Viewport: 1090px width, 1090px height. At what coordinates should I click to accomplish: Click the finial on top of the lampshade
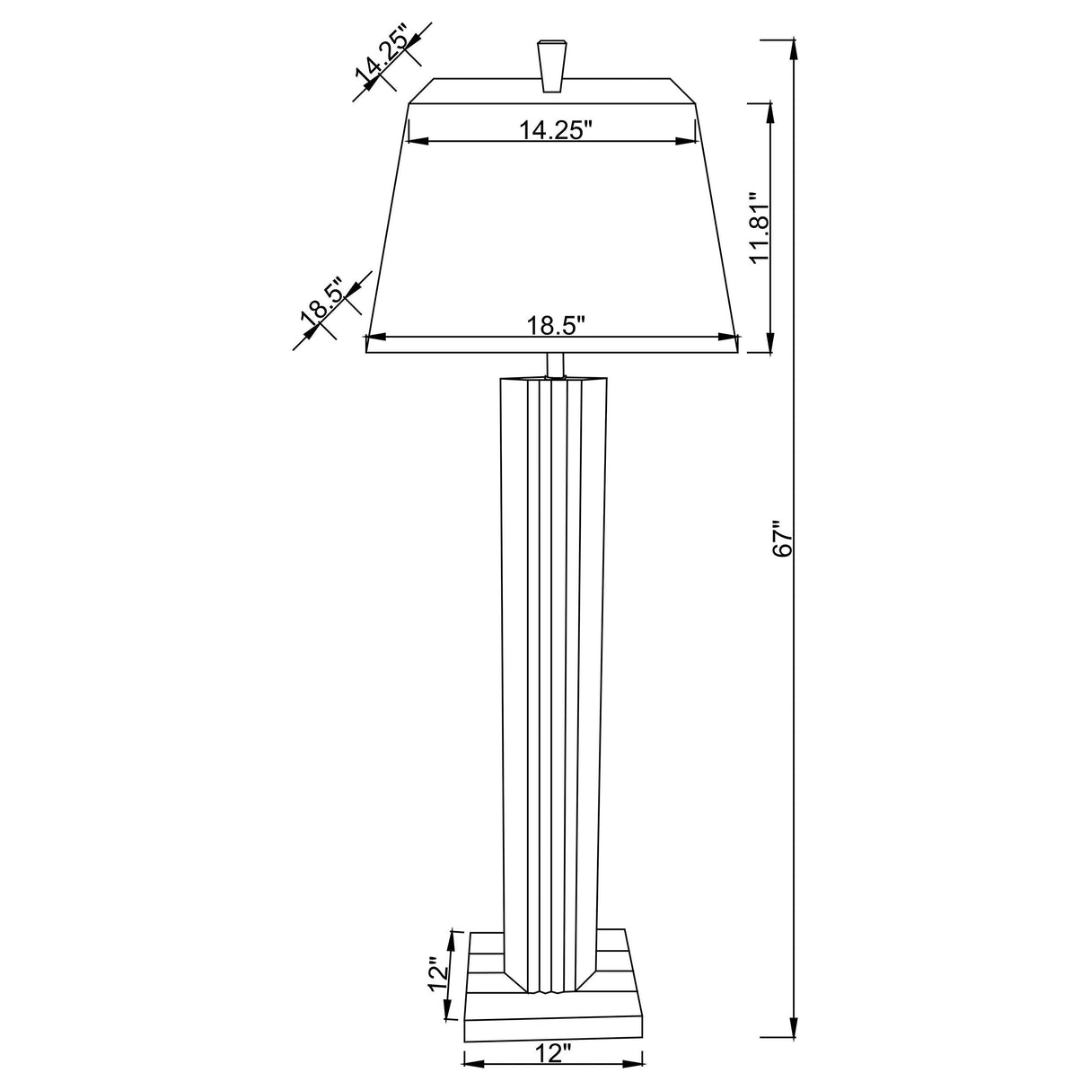[550, 65]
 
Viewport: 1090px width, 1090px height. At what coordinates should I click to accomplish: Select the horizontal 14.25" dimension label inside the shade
[557, 129]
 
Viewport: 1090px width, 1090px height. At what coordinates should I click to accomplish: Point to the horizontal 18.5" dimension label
[556, 325]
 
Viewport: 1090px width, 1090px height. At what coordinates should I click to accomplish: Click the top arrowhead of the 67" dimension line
[793, 50]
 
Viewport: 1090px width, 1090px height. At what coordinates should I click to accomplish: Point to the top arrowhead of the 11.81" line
[769, 113]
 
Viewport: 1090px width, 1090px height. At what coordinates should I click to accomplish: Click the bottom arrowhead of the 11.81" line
[769, 343]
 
